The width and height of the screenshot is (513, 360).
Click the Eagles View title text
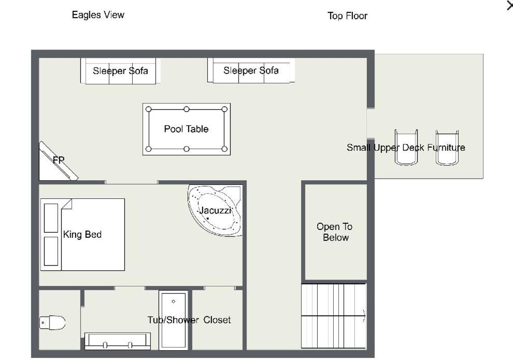coord(98,15)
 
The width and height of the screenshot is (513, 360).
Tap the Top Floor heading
coord(348,16)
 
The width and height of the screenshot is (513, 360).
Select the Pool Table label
coord(186,129)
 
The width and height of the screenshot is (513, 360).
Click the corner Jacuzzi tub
coord(215,210)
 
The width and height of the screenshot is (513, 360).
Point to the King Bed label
coord(82,235)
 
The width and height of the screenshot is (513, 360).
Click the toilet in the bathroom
coord(52,322)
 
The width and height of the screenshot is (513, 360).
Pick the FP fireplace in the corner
coord(58,161)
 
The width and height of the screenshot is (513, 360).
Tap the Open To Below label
coord(335,232)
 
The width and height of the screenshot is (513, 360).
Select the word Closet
coord(217,320)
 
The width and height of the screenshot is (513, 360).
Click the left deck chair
coord(406,147)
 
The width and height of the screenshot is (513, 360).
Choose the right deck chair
coord(447,147)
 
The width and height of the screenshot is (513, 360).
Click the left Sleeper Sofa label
coord(120,71)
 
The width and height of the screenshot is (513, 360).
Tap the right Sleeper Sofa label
coord(251,70)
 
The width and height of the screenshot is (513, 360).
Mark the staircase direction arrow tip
coord(365,315)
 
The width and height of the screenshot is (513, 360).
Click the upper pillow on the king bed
coord(51,218)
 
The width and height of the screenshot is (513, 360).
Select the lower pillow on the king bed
coord(51,251)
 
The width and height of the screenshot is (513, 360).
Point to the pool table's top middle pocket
coord(187,109)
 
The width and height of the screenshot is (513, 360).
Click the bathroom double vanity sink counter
coord(118,341)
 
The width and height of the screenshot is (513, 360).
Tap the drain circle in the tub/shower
coord(174,301)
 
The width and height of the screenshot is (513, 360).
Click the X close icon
coord(510,5)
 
